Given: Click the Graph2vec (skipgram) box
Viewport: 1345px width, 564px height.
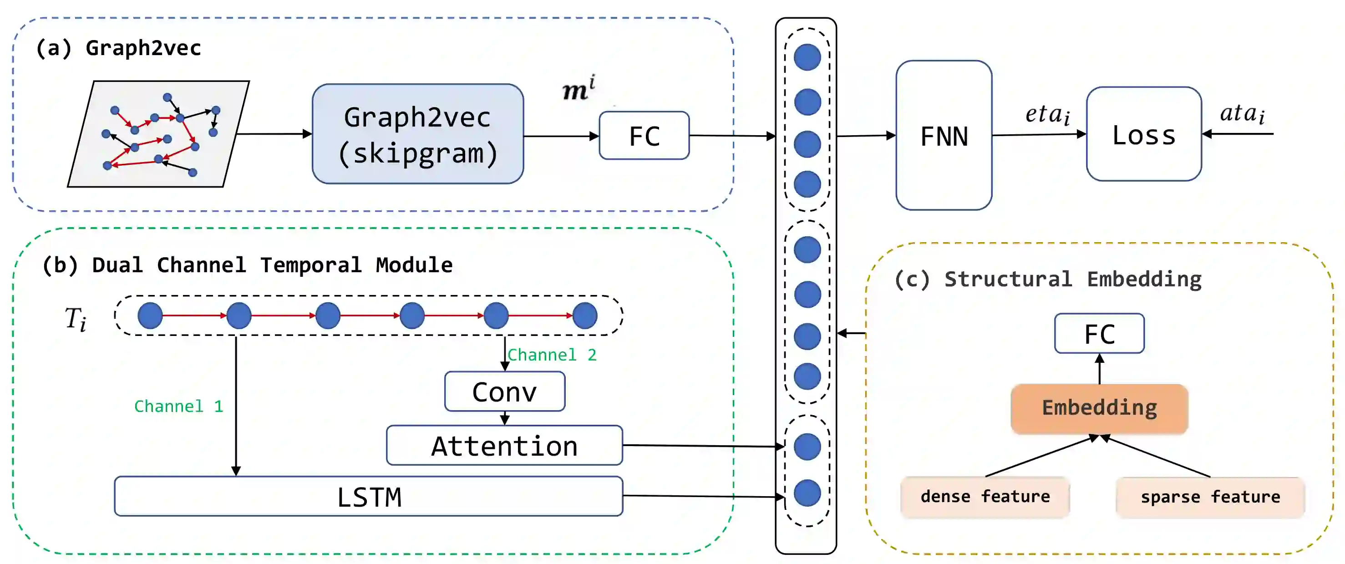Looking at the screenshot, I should pos(418,134).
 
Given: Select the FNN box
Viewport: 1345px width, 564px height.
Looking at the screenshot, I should pos(944,136).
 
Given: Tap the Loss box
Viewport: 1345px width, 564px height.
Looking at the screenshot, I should pos(1143,135).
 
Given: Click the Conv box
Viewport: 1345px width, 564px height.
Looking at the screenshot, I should pos(504,391).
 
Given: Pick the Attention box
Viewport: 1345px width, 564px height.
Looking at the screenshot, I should pos(504,446).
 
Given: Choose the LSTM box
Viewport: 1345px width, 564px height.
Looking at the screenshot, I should pos(369,496).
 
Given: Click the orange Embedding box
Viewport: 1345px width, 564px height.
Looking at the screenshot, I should pos(1099,408).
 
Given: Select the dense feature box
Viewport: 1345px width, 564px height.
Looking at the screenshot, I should pos(985,497).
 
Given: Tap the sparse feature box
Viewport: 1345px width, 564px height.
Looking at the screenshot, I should pos(1210,497).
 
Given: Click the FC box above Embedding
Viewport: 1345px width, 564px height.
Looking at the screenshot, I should pos(1099,334).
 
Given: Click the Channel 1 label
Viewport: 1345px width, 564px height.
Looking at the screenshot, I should pos(178,406).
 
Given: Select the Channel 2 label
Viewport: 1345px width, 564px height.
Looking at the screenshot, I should pos(552,355).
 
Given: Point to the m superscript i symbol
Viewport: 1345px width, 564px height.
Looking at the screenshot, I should pos(579,89).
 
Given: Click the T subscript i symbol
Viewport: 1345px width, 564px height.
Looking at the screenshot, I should pos(76,318).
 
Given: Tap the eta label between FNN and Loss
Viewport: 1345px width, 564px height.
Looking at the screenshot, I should pos(1047,114).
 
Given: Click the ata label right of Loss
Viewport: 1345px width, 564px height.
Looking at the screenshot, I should pos(1242,113).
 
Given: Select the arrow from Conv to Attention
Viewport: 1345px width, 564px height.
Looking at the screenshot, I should pos(504,418).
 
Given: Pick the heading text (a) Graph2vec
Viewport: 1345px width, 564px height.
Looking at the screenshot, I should pos(118,48).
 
